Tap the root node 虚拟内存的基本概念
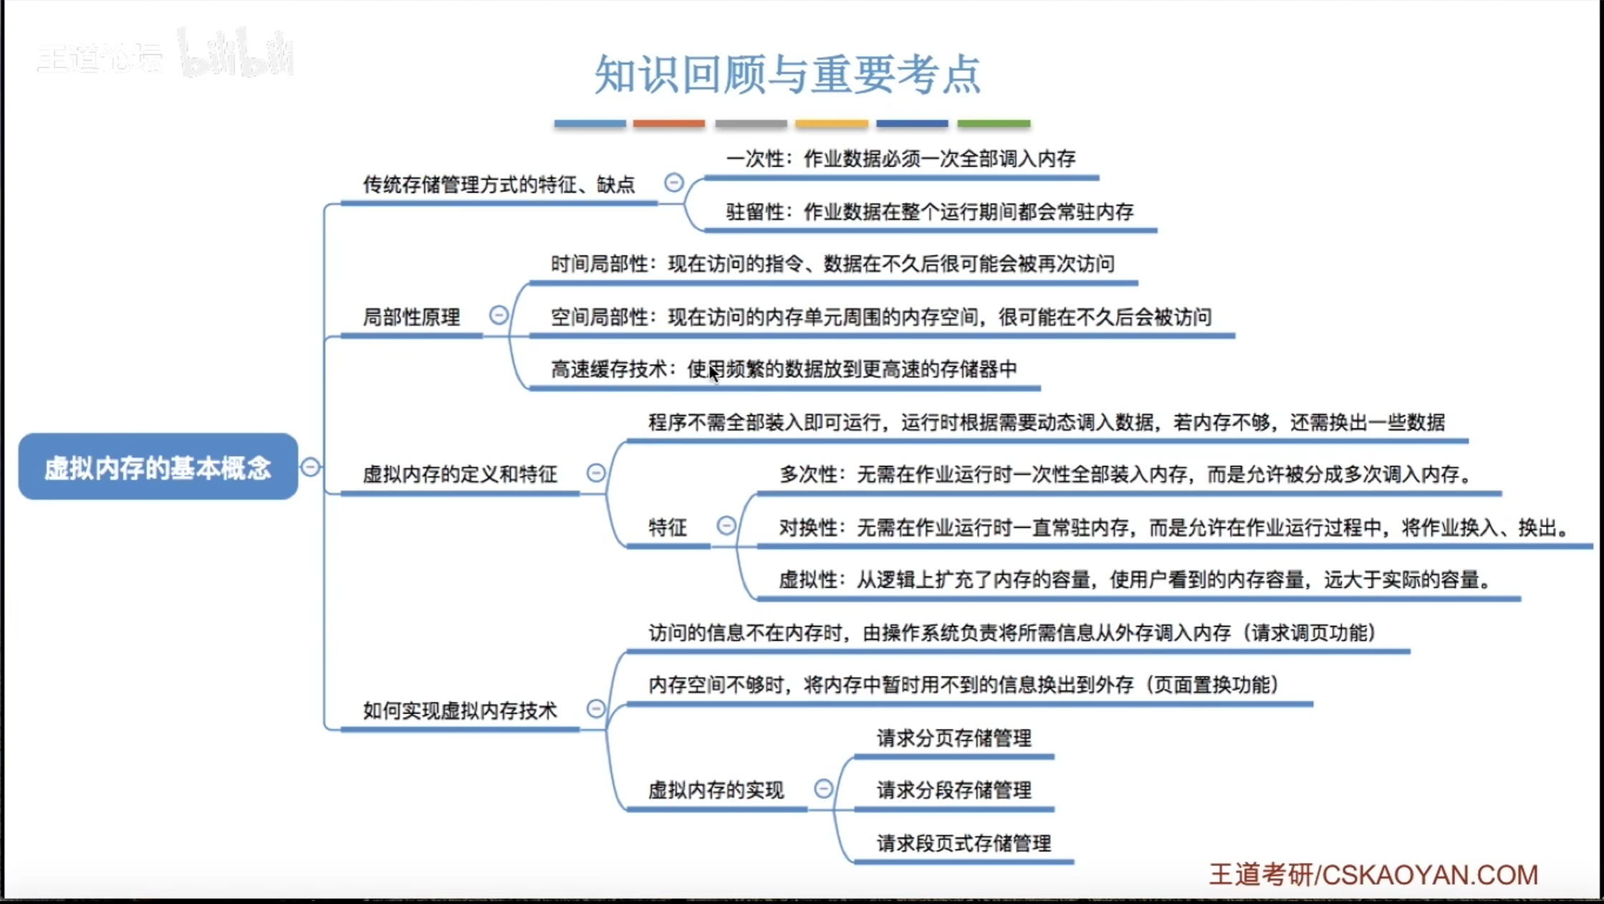(158, 467)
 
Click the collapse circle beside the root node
(310, 467)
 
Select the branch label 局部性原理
(411, 317)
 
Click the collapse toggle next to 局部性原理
(499, 315)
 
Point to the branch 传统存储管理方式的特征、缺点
(499, 185)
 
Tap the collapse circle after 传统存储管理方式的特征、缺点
(673, 183)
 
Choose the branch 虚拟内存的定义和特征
(459, 474)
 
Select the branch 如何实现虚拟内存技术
(459, 710)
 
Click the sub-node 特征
(667, 528)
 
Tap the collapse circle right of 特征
(726, 526)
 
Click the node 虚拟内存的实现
(716, 790)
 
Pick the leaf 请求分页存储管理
(954, 738)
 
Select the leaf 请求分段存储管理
(954, 790)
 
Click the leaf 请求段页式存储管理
(964, 843)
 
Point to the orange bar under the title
(668, 124)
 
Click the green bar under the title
(994, 124)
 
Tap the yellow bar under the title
(831, 124)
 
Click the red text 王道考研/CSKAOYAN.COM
(1373, 875)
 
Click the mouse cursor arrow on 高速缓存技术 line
(714, 374)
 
